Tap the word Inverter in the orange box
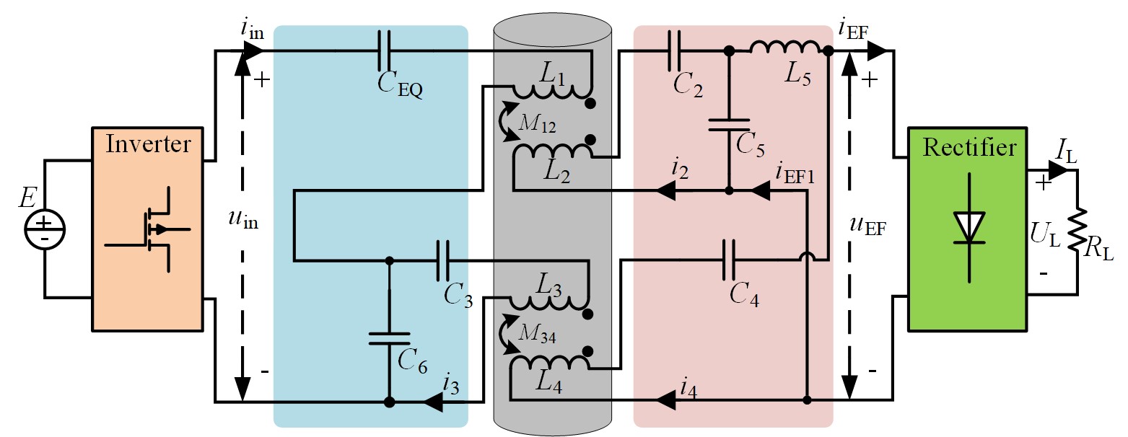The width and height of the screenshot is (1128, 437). [x=148, y=144]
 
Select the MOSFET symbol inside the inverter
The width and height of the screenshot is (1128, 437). [x=155, y=229]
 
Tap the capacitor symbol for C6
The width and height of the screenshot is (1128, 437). [x=389, y=339]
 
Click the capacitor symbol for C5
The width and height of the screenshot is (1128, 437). [x=728, y=125]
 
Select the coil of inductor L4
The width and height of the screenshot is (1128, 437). [x=548, y=361]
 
